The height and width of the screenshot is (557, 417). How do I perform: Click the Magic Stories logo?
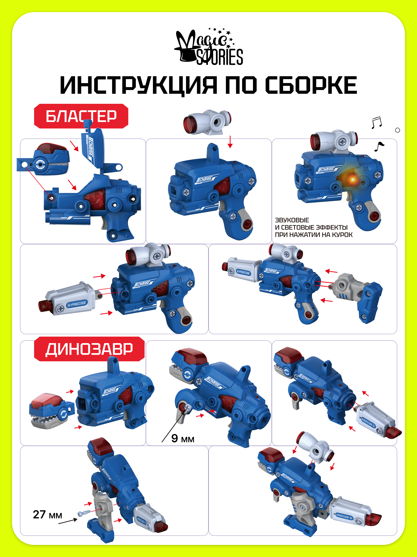(x=209, y=47)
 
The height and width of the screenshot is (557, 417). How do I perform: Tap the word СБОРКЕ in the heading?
(x=311, y=85)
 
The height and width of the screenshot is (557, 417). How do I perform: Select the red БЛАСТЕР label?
(x=81, y=116)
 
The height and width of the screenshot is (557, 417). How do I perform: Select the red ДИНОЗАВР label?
(x=89, y=349)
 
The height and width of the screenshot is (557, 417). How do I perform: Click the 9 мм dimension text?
(x=183, y=439)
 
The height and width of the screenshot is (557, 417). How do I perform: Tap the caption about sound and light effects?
(x=313, y=227)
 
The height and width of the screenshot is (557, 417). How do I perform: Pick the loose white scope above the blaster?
(x=207, y=122)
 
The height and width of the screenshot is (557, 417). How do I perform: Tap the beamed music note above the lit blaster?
(x=377, y=123)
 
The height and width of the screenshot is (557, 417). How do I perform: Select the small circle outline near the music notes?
(x=397, y=130)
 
